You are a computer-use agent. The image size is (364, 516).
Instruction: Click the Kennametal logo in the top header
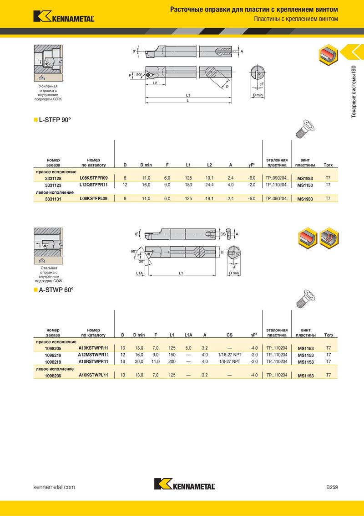[64, 16]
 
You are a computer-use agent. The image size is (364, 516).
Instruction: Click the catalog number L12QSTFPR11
[94, 185]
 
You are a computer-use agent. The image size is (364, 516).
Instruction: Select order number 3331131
[53, 199]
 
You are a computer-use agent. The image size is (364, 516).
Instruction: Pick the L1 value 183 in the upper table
[188, 185]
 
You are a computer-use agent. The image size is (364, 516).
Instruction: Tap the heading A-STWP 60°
[56, 290]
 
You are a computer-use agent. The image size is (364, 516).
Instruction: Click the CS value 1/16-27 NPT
[230, 355]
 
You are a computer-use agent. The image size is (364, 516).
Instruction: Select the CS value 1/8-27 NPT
[230, 361]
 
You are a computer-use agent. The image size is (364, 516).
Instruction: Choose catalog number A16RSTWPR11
[93, 361]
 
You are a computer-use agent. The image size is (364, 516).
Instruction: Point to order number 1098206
[53, 376]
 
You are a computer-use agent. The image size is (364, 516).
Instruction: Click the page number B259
[332, 487]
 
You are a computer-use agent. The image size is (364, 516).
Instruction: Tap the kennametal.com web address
[54, 487]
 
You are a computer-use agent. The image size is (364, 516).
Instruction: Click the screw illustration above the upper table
[305, 129]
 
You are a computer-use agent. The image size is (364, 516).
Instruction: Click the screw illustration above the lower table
[305, 299]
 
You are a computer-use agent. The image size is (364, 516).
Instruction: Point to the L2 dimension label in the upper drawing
[155, 83]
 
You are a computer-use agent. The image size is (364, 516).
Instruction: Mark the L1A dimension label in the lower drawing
[140, 273]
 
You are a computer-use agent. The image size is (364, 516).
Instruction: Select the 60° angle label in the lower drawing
[133, 252]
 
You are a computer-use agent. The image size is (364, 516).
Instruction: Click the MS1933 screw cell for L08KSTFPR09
[305, 178]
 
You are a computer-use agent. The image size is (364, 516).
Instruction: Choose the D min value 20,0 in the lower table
[139, 361]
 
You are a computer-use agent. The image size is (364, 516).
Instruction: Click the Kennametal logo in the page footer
[185, 484]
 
